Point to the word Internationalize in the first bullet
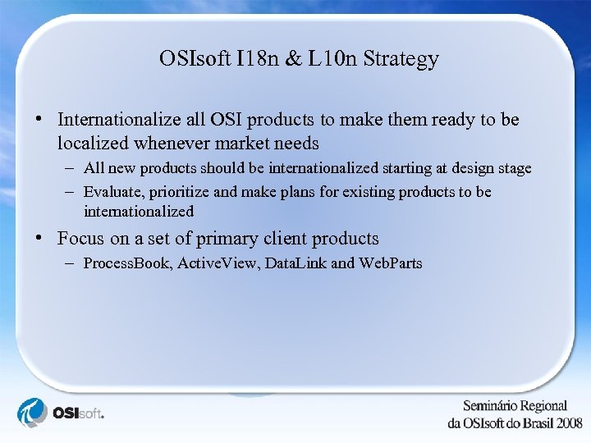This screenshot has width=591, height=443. [119, 120]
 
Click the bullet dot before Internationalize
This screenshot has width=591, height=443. [39, 119]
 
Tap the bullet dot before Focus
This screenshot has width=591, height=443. [39, 239]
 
